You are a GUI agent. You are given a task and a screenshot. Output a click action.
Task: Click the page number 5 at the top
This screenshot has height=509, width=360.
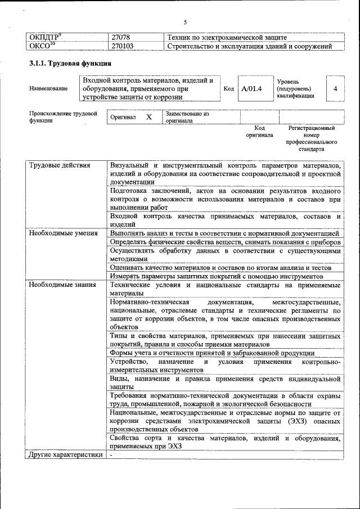tap(184, 22)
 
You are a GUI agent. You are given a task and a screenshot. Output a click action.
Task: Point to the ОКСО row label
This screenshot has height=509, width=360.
tap(42, 46)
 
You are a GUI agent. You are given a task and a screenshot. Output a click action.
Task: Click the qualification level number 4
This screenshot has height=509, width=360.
tap(335, 89)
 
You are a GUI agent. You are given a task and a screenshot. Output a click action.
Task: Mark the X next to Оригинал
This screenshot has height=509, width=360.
tap(149, 117)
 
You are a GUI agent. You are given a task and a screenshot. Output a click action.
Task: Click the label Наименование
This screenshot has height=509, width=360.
tap(48, 89)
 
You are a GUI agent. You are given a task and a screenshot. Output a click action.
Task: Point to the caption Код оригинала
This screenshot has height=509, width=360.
tap(259, 132)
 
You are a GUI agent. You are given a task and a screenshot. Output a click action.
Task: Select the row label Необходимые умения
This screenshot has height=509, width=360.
tap(64, 233)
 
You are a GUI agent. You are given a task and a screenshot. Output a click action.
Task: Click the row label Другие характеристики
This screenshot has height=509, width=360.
tap(66, 455)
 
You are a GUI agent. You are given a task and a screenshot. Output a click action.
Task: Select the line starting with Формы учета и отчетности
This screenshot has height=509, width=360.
tap(212, 353)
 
